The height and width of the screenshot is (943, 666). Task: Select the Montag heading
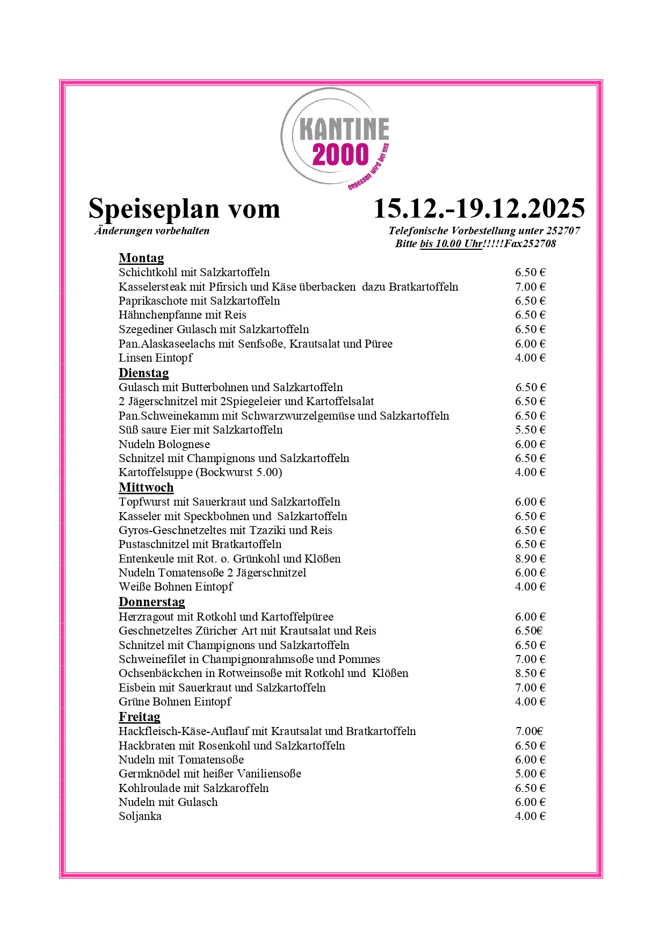pyautogui.click(x=141, y=258)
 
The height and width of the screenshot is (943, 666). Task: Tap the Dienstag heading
pyautogui.click(x=143, y=373)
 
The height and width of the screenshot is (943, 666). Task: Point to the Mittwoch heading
pyautogui.click(x=146, y=487)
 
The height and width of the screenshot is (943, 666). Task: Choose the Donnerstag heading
pyautogui.click(x=151, y=602)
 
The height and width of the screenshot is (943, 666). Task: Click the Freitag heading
pyautogui.click(x=139, y=717)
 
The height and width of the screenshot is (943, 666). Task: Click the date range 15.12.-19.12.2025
pyautogui.click(x=479, y=208)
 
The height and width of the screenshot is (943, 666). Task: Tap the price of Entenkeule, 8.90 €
pyautogui.click(x=530, y=559)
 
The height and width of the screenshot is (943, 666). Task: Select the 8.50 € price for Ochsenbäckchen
pyautogui.click(x=530, y=673)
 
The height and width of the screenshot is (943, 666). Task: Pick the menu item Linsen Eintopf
pyautogui.click(x=155, y=358)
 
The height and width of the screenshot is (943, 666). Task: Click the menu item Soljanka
pyautogui.click(x=140, y=816)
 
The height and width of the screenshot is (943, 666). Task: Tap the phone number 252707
pyautogui.click(x=563, y=231)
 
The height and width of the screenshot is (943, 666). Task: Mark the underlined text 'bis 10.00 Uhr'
pyautogui.click(x=451, y=244)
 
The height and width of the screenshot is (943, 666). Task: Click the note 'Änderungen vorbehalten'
pyautogui.click(x=152, y=231)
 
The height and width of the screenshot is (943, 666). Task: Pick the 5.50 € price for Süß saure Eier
pyautogui.click(x=530, y=430)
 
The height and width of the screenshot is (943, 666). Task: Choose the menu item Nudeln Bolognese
pyautogui.click(x=164, y=444)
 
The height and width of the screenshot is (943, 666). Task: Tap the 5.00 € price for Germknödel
pyautogui.click(x=530, y=774)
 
